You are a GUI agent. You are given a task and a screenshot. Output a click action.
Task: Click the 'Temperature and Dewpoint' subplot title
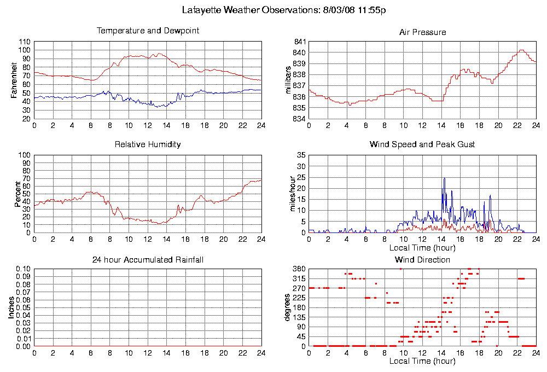(x=148, y=31)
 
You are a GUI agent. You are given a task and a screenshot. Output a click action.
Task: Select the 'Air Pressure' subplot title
(x=422, y=32)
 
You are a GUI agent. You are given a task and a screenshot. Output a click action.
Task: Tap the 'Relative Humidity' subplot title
(x=148, y=144)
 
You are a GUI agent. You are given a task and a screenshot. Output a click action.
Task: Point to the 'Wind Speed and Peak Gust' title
(x=422, y=144)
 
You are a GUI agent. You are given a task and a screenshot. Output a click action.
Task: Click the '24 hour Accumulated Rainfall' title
(x=148, y=259)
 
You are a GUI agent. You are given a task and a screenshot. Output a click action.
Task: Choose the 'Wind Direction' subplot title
(x=422, y=259)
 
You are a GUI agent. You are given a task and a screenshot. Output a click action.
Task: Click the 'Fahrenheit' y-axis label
(x=14, y=80)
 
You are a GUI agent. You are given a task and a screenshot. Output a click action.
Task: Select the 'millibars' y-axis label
(x=289, y=80)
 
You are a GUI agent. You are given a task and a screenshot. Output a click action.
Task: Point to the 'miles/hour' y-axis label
(x=292, y=194)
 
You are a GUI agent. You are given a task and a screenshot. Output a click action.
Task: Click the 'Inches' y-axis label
(x=11, y=307)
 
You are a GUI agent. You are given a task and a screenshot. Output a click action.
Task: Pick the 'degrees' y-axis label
(x=288, y=307)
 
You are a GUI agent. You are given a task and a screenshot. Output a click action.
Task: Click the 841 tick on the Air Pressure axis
(x=299, y=42)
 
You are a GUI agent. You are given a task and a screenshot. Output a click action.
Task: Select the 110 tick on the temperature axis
(x=25, y=42)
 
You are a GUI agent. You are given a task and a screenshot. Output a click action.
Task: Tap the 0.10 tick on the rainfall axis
(x=23, y=269)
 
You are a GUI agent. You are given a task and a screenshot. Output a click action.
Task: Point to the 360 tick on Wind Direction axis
(x=299, y=269)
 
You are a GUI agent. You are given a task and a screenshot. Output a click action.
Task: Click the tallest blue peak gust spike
(x=444, y=178)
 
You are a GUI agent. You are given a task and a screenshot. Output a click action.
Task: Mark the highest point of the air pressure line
(x=521, y=50)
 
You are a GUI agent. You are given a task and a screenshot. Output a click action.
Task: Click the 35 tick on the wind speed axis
(x=301, y=155)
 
